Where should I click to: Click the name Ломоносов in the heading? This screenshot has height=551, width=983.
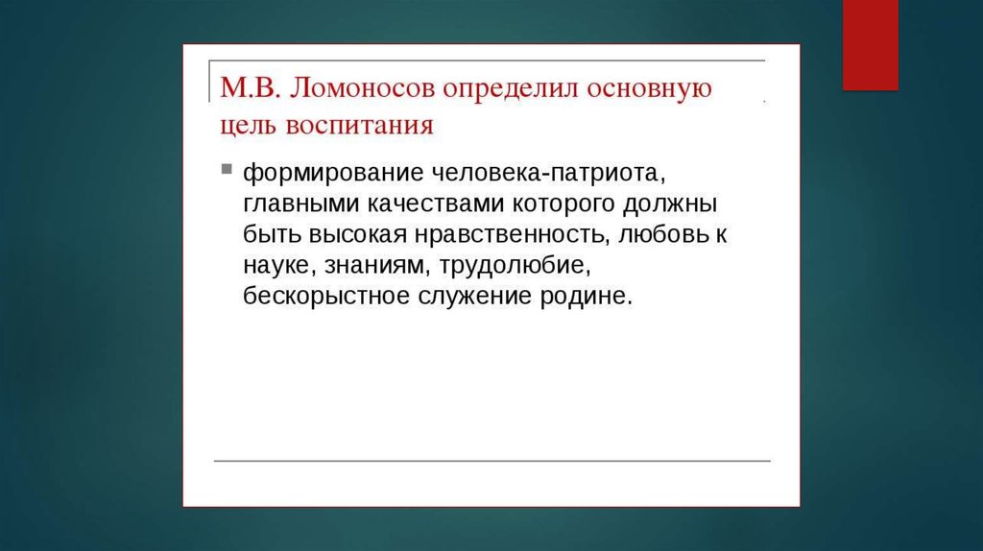click(362, 87)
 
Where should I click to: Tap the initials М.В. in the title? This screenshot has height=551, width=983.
click(249, 87)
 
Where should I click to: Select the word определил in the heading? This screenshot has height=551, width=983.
click(511, 89)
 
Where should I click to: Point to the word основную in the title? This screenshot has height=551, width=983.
click(650, 89)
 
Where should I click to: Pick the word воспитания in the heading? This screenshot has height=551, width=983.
click(359, 126)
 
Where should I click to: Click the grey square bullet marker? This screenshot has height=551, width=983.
click(227, 169)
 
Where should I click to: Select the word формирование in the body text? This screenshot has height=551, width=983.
click(333, 174)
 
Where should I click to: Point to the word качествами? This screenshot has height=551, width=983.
click(436, 204)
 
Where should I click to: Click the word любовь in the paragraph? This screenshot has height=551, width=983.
click(663, 234)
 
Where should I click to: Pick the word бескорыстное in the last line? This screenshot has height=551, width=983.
click(326, 296)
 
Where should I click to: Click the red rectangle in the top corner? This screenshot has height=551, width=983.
click(870, 44)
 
